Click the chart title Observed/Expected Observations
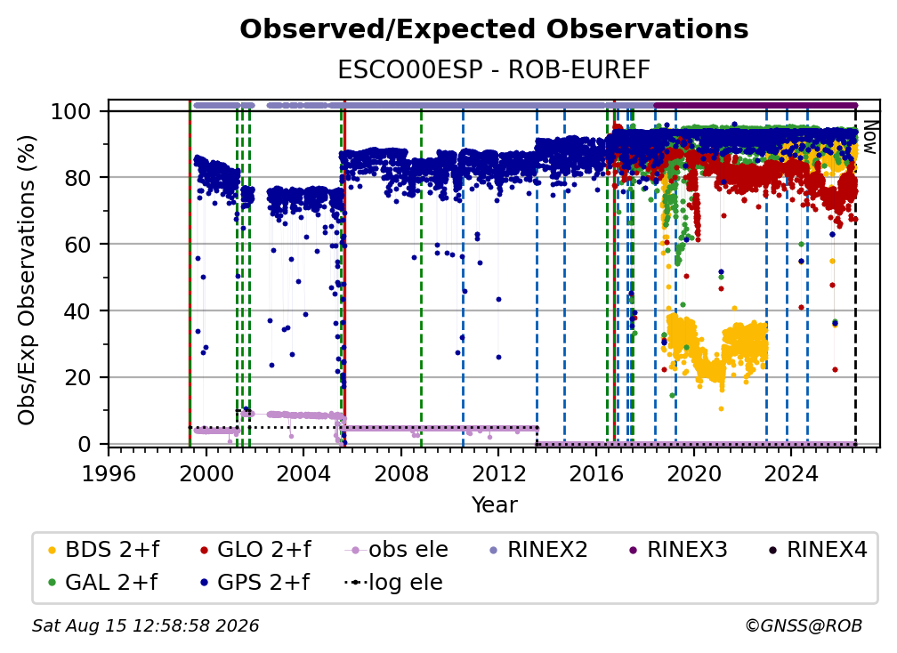(x=494, y=29)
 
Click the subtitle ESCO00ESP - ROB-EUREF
(x=494, y=70)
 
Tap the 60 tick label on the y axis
(x=77, y=244)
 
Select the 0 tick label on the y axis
(x=85, y=444)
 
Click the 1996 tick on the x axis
(x=109, y=473)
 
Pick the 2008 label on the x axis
(x=401, y=473)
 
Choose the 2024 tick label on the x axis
(x=791, y=473)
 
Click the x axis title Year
(x=494, y=505)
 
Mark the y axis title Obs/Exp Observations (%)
(x=27, y=280)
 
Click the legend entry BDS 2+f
(x=103, y=550)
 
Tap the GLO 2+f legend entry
(x=255, y=550)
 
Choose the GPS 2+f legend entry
(x=255, y=583)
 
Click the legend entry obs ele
(x=397, y=550)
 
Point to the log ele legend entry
(x=393, y=583)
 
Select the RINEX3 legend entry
(x=678, y=550)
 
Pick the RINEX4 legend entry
(x=818, y=550)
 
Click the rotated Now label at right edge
(x=869, y=137)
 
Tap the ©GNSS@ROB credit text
(x=804, y=625)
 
